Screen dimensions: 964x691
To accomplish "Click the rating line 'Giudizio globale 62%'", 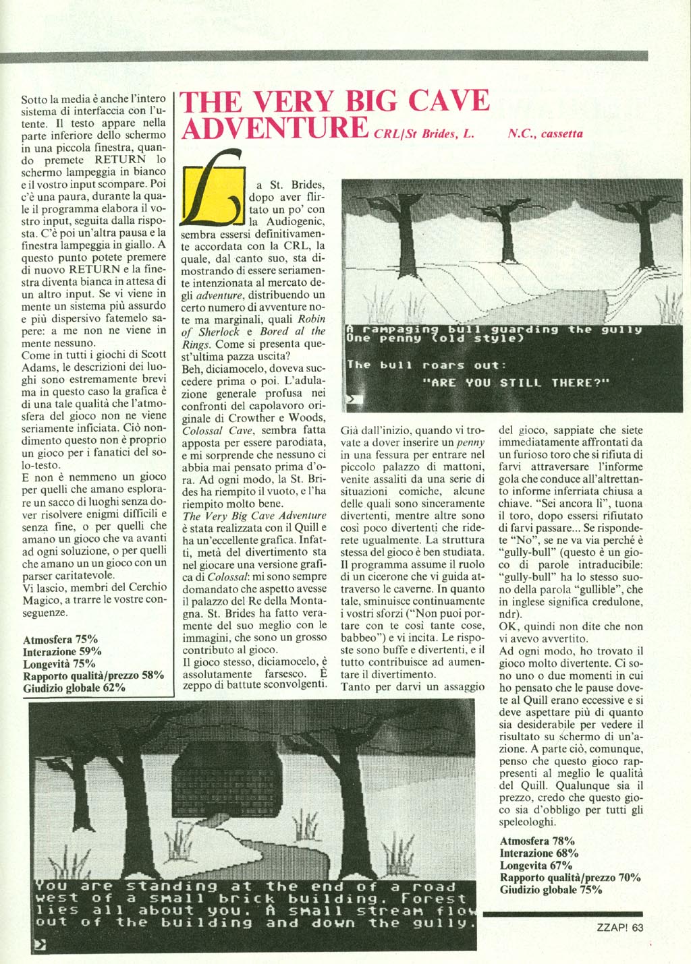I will pyautogui.click(x=74, y=688).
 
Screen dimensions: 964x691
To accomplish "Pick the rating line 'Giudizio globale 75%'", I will pyautogui.click(x=551, y=889).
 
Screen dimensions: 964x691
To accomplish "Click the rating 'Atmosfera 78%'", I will pyautogui.click(x=537, y=841).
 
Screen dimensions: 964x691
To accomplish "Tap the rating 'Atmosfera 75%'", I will pyautogui.click(x=60, y=639).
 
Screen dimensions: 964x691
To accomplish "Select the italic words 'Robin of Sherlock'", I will pyautogui.click(x=253, y=325).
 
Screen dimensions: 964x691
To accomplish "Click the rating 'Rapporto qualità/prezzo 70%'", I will pyautogui.click(x=570, y=877).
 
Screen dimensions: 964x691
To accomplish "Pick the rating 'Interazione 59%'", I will pyautogui.click(x=62, y=651).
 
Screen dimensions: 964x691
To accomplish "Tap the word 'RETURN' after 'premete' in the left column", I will pyautogui.click(x=120, y=160).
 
